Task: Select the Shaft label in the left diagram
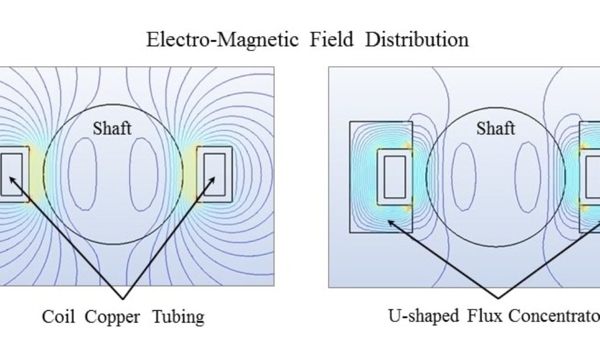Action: pyautogui.click(x=112, y=128)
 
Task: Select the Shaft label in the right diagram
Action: pyautogui.click(x=496, y=128)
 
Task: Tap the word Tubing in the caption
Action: pyautogui.click(x=178, y=317)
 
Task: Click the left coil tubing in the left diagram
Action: pyautogui.click(x=12, y=175)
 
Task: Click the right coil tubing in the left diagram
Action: pyautogui.click(x=214, y=175)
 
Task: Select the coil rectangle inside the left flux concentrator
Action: pyautogui.click(x=394, y=176)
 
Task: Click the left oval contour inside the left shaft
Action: pyautogui.click(x=83, y=174)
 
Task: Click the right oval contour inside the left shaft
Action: pyautogui.click(x=144, y=174)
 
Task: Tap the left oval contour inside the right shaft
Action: pyautogui.click(x=464, y=176)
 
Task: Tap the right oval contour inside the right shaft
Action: pyautogui.click(x=527, y=176)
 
